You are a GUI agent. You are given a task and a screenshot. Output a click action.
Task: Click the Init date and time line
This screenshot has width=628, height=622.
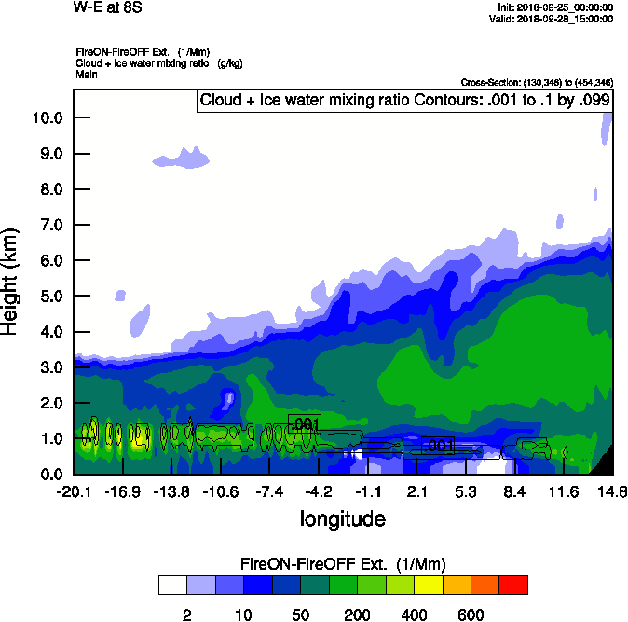click(555, 7)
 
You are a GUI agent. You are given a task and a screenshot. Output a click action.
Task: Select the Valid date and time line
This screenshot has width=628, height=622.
click(556, 19)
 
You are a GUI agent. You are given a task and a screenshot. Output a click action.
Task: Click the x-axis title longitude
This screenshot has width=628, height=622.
click(342, 518)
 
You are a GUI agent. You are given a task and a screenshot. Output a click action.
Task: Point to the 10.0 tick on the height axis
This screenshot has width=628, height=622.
click(47, 117)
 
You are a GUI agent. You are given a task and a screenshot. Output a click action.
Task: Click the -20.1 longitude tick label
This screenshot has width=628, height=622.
click(73, 491)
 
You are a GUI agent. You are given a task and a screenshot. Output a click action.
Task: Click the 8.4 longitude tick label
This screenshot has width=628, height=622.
click(515, 491)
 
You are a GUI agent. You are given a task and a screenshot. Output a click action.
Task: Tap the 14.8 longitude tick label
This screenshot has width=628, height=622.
click(612, 491)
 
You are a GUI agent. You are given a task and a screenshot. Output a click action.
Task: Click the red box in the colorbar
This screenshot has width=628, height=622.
click(513, 585)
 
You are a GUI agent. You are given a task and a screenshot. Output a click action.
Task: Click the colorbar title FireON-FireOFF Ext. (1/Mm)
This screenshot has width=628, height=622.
click(343, 564)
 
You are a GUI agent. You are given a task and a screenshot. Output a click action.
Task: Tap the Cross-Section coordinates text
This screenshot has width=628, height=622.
click(537, 83)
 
